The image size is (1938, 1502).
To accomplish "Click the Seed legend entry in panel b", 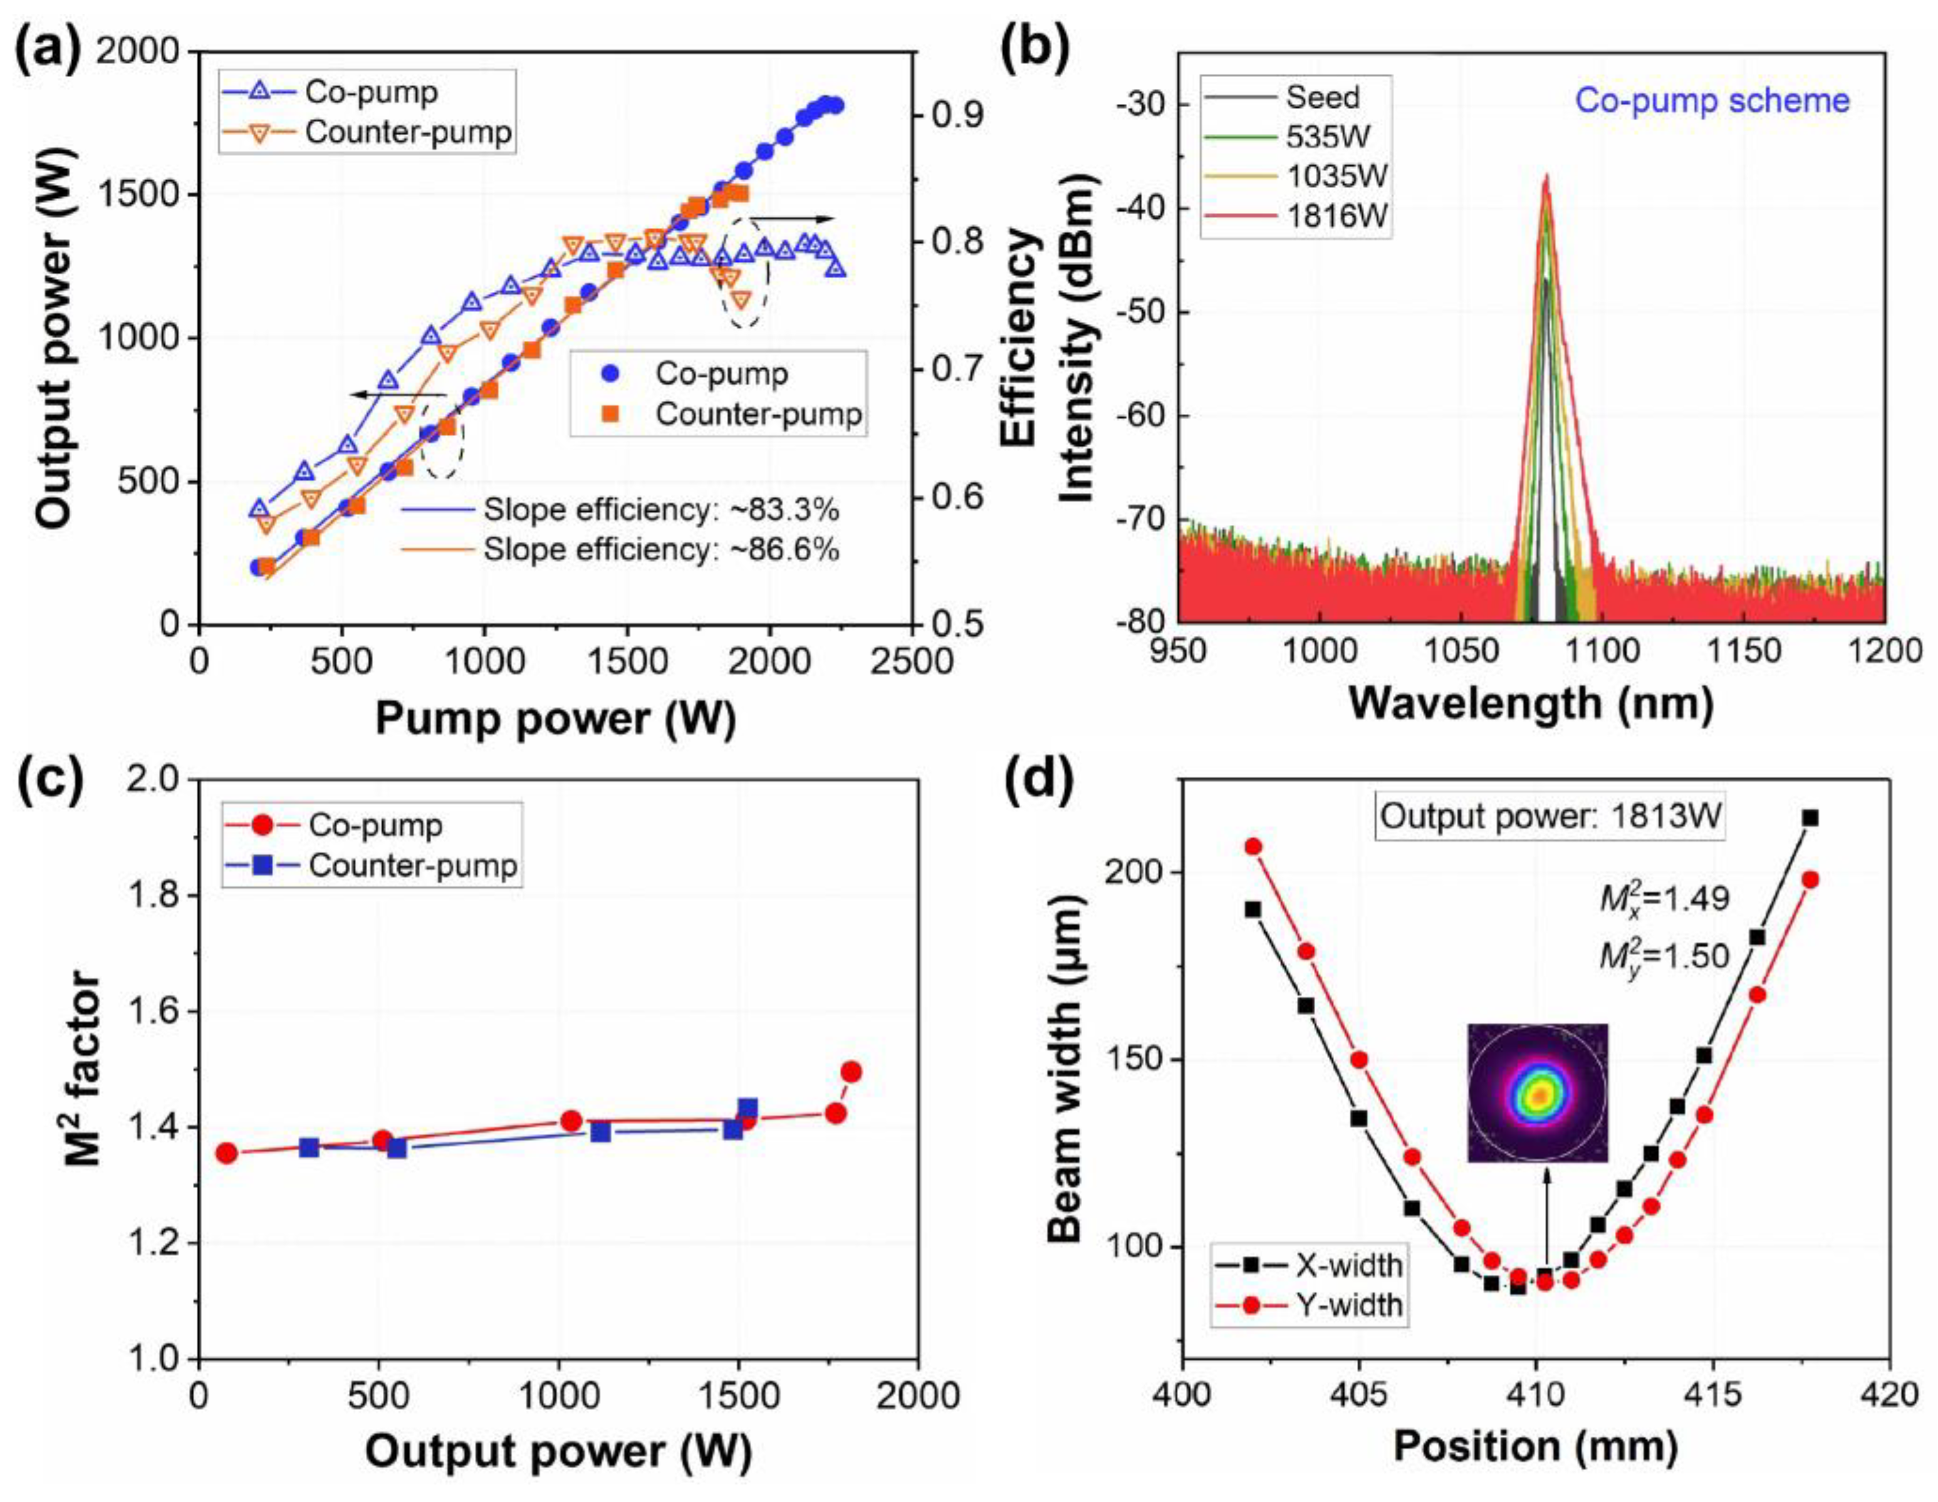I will tap(1322, 96).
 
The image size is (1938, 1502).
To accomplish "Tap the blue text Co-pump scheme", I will tap(1712, 100).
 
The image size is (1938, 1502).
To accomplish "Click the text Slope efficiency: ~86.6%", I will tap(660, 550).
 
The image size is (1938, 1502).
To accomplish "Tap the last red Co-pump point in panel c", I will tap(851, 1072).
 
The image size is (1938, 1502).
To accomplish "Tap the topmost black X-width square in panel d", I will tap(1810, 818).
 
